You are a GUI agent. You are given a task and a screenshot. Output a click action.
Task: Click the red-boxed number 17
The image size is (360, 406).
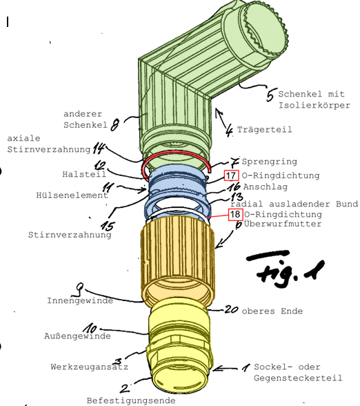(x=232, y=175)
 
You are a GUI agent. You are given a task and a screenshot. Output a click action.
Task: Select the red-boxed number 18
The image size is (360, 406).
(x=235, y=214)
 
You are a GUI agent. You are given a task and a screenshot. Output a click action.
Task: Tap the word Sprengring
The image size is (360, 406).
(x=269, y=162)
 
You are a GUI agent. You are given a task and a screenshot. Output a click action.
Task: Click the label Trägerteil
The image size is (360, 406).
(x=264, y=130)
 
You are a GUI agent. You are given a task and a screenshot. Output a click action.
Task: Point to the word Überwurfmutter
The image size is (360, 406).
(x=283, y=224)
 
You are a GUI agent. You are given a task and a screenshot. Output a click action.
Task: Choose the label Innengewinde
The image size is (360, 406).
(x=80, y=300)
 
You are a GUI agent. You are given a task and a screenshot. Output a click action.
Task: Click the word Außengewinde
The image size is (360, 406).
(x=77, y=336)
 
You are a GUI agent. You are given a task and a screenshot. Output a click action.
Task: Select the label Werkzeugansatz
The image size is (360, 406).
(x=89, y=367)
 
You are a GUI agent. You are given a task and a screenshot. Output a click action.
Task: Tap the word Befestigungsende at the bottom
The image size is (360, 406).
(x=131, y=400)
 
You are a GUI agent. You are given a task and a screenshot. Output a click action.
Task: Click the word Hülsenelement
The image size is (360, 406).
(x=72, y=195)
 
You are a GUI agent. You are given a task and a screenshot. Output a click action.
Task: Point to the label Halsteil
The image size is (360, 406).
(x=84, y=174)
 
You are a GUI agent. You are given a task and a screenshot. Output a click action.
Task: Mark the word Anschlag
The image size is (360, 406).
(x=266, y=186)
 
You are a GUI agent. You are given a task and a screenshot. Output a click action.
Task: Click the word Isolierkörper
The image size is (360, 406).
(x=314, y=105)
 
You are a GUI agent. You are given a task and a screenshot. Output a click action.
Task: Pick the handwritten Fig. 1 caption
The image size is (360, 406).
(x=284, y=269)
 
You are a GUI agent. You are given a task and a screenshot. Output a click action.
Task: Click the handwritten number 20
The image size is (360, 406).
(x=231, y=309)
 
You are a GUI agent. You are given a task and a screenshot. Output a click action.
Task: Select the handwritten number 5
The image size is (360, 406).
(x=270, y=95)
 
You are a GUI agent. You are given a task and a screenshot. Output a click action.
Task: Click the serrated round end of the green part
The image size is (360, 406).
(x=263, y=31)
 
